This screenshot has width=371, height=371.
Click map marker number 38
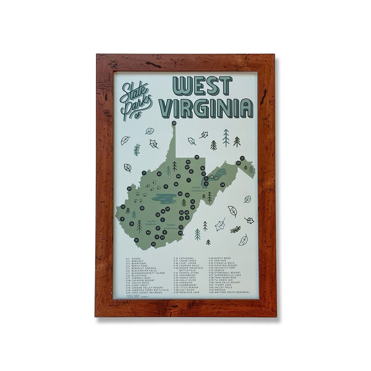point(174,123)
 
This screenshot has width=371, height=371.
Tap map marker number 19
point(197,157)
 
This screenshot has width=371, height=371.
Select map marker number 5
point(242,158)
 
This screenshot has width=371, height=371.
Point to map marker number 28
point(223,185)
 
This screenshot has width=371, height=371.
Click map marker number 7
point(144,173)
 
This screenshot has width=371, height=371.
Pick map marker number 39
point(129,189)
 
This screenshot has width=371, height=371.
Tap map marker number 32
point(154,244)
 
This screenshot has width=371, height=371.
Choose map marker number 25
point(142,208)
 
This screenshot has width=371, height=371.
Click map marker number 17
point(166,187)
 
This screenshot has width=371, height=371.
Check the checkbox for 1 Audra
point(127,258)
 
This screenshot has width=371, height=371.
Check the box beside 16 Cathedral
point(175,258)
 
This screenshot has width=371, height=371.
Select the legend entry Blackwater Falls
point(144,270)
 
